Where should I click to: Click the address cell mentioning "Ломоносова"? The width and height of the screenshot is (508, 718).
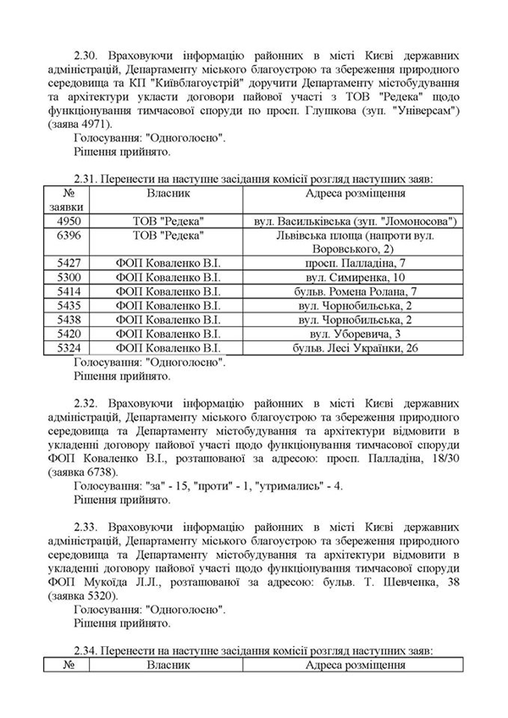pos(355,221)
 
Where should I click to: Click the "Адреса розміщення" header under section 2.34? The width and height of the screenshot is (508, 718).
pos(354,666)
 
